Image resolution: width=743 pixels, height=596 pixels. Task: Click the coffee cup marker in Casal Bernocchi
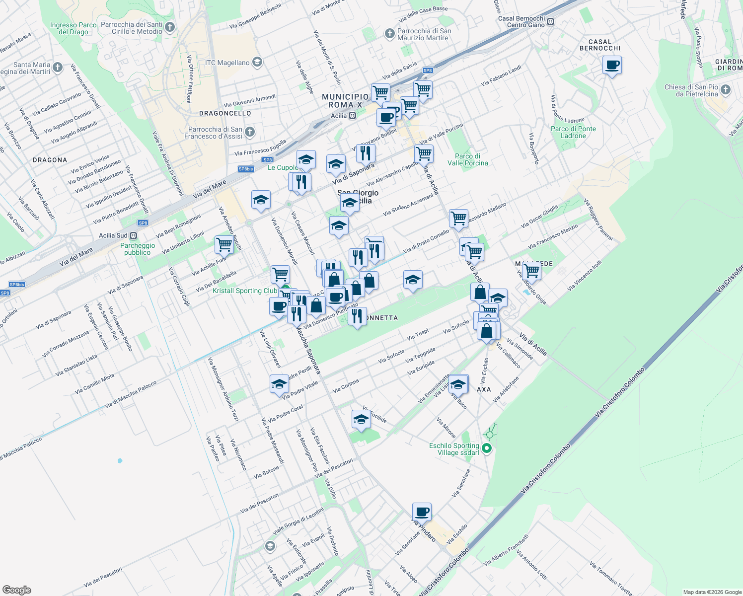pos(612,65)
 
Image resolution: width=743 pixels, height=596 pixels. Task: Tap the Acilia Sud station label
pos(113,235)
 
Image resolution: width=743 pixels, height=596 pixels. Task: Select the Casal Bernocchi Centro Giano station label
pos(521,22)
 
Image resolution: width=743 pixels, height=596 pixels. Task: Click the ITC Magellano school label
pos(227,63)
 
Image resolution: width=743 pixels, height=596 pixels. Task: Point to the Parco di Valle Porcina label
pos(467,159)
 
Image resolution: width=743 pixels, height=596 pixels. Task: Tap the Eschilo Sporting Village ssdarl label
pos(454,449)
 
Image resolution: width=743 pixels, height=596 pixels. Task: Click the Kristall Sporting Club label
pos(245,291)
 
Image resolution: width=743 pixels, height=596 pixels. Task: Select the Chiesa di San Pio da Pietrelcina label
pos(691,90)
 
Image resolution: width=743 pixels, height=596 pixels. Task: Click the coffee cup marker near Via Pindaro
pos(422,512)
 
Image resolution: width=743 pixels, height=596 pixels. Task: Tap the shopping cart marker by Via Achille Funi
pos(224,244)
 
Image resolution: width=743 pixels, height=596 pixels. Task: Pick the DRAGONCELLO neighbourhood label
pos(225,113)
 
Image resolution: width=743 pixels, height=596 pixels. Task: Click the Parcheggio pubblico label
pos(138,249)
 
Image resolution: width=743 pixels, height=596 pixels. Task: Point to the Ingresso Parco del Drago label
pos(74,28)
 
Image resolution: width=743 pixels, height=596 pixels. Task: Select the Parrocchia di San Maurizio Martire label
pos(424,34)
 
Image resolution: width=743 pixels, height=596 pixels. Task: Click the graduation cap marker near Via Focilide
pos(361,420)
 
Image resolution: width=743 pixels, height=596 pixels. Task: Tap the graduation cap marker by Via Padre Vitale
pos(280,384)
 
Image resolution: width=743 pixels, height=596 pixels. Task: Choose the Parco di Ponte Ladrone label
pos(573,132)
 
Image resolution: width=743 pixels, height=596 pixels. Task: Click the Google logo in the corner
pos(16,590)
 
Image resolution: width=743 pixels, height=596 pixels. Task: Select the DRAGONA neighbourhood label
pos(50,160)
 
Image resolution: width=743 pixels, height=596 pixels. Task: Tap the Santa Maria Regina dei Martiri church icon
pos(58,67)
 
